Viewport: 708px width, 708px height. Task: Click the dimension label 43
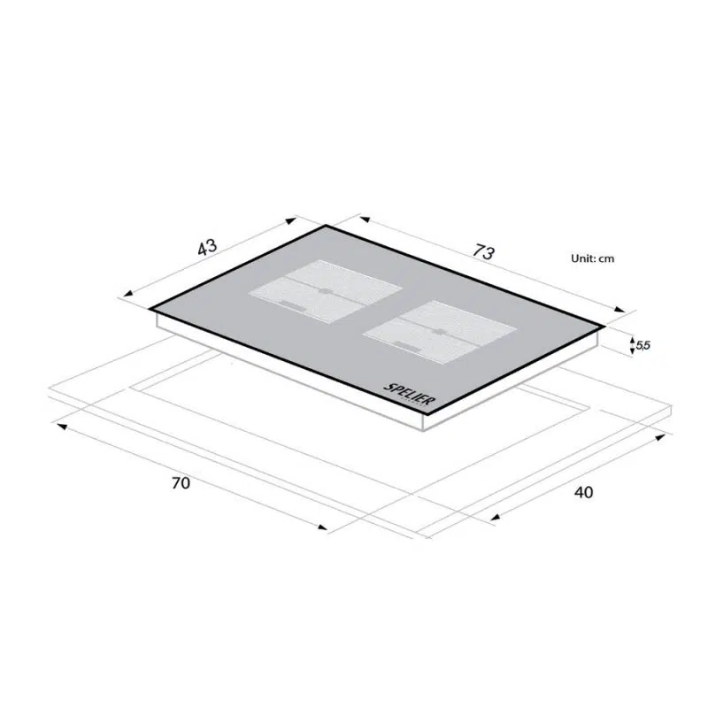pyautogui.click(x=207, y=247)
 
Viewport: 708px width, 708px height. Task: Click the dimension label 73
pyautogui.click(x=483, y=252)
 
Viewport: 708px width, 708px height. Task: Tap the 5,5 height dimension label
pyautogui.click(x=643, y=345)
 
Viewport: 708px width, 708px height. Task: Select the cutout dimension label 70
pyautogui.click(x=181, y=483)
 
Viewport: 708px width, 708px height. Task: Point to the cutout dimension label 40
pyautogui.click(x=583, y=492)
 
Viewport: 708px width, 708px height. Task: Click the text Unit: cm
pyautogui.click(x=592, y=258)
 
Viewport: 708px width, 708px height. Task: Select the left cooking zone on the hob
pyautogui.click(x=326, y=291)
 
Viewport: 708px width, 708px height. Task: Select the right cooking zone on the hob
pyautogui.click(x=439, y=332)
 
